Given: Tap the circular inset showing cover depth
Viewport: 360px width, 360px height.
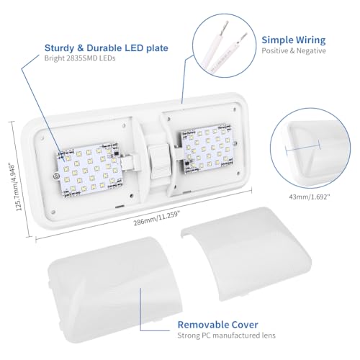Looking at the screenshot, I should click(310, 147).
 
